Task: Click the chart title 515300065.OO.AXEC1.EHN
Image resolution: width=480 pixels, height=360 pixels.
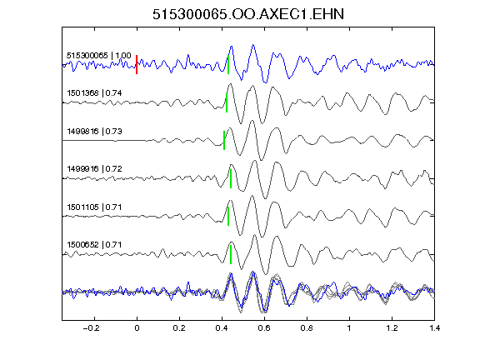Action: pyautogui.click(x=248, y=14)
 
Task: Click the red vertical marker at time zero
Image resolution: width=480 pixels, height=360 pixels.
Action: pyautogui.click(x=137, y=65)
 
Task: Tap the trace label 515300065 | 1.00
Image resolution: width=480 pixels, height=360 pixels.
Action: pyautogui.click(x=99, y=56)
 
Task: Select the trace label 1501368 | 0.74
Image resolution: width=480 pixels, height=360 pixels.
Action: pyautogui.click(x=94, y=93)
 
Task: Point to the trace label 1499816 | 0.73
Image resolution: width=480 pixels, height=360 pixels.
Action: pyautogui.click(x=94, y=132)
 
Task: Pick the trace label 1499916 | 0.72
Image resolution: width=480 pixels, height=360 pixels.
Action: pyautogui.click(x=94, y=169)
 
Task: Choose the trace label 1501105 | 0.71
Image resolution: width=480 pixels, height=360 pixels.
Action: pyautogui.click(x=94, y=207)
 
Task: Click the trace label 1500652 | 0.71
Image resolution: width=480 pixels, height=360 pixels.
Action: pyautogui.click(x=94, y=245)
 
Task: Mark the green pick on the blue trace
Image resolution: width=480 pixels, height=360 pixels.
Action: pyautogui.click(x=228, y=65)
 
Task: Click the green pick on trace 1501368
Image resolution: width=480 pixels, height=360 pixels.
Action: pyautogui.click(x=227, y=102)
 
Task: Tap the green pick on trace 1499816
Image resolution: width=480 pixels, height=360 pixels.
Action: pyautogui.click(x=224, y=141)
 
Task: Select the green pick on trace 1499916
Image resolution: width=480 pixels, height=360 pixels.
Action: pyautogui.click(x=231, y=179)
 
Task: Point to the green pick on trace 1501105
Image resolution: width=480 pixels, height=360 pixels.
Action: pyautogui.click(x=228, y=217)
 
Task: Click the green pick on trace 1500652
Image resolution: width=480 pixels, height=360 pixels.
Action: pyautogui.click(x=231, y=254)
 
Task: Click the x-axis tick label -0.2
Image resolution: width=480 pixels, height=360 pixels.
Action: pyautogui.click(x=91, y=328)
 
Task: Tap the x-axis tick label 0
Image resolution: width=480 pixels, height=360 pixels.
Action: pyautogui.click(x=137, y=328)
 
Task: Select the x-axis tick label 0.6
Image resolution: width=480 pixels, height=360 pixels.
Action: pyautogui.click(x=264, y=328)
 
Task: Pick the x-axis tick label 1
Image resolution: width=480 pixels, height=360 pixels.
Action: pyautogui.click(x=349, y=328)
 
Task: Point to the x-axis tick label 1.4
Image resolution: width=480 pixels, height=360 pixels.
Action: pyautogui.click(x=434, y=328)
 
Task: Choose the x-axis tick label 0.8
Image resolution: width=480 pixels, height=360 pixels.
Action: pyautogui.click(x=307, y=328)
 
